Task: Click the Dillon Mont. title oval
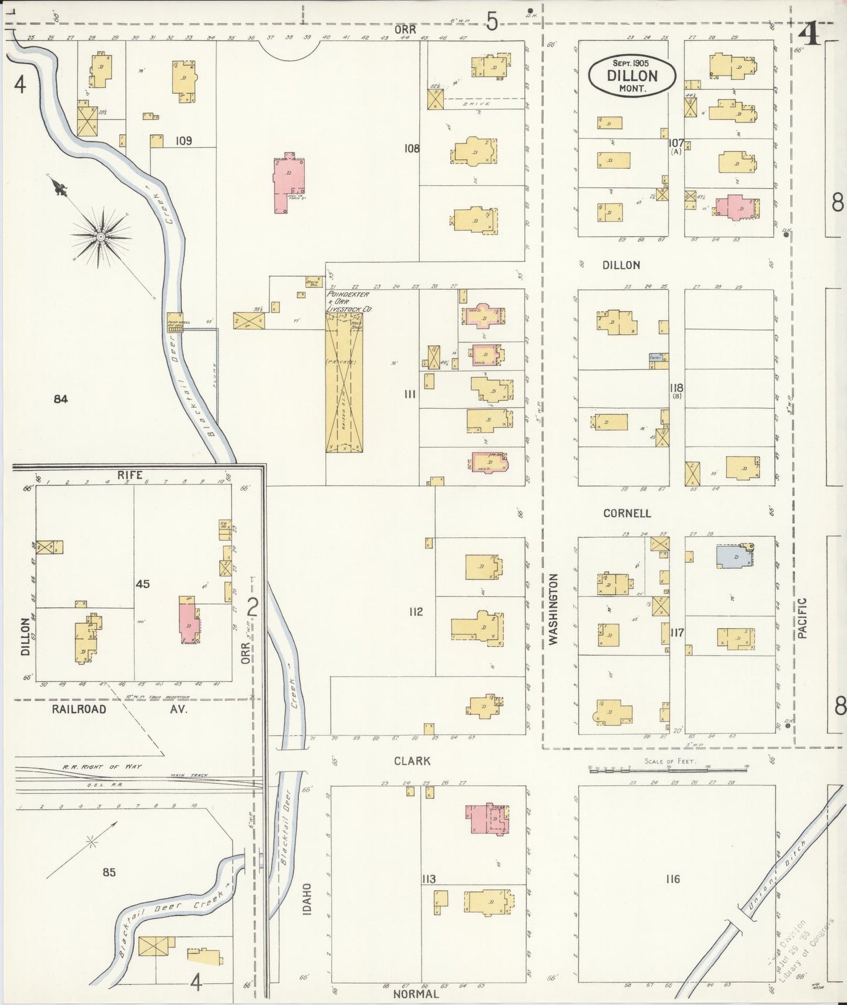click(632, 75)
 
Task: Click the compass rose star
click(101, 236)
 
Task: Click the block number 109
click(184, 141)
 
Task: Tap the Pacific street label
click(802, 618)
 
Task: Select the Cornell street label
click(627, 513)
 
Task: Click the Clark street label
click(412, 760)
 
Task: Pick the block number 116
click(672, 879)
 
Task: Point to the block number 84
click(60, 399)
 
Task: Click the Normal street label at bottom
click(416, 994)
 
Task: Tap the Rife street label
click(130, 475)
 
